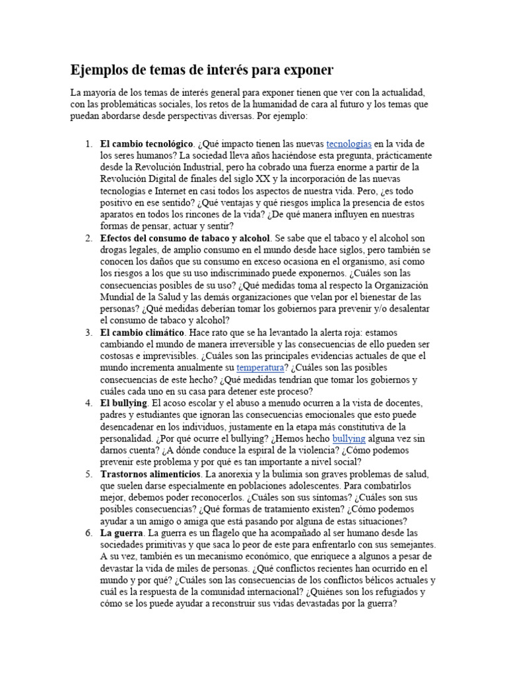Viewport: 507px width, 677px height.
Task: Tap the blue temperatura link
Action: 260,368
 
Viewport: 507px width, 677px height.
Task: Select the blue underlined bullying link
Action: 349,438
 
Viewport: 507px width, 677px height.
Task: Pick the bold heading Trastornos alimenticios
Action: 151,475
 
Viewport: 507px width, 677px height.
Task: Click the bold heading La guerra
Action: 121,532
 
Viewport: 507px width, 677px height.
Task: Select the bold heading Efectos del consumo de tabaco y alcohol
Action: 185,238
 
